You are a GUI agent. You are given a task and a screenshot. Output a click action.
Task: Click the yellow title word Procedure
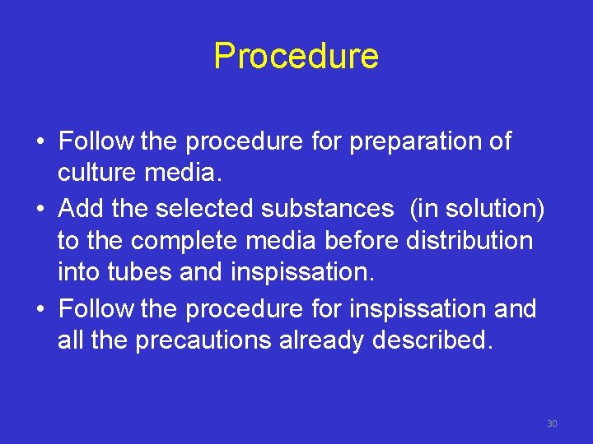click(x=296, y=56)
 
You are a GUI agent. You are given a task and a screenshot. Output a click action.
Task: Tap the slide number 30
click(x=552, y=423)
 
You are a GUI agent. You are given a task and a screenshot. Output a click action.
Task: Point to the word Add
click(x=82, y=208)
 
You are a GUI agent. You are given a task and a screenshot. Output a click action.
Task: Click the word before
click(x=363, y=242)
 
